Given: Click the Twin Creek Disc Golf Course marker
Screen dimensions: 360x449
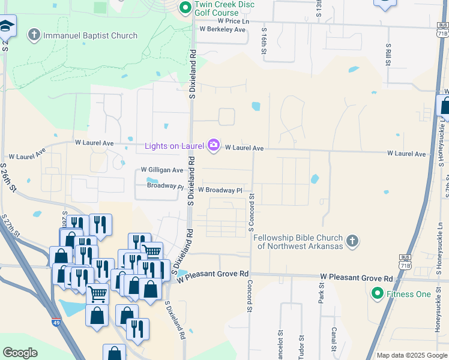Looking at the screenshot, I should point(185,8).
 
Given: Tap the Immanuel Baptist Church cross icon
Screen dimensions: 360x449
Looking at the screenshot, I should point(35,35).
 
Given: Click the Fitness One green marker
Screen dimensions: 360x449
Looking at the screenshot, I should point(378,293).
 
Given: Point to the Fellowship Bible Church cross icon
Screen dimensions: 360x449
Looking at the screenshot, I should point(352,241).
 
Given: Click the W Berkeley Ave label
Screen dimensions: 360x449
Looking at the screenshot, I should point(223,29).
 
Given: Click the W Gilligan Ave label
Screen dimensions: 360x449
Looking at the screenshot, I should point(161,170).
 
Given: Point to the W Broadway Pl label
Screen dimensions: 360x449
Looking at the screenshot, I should point(220,190).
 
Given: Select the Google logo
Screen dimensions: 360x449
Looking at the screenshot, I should point(20,353).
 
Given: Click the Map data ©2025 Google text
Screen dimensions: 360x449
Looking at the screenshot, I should point(411,355).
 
